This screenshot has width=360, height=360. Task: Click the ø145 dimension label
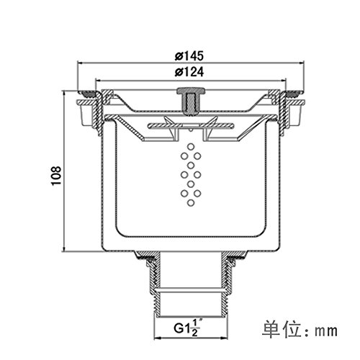click(x=189, y=56)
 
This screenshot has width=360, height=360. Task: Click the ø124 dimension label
click(x=189, y=72)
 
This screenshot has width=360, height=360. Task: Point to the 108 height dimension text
click(x=56, y=176)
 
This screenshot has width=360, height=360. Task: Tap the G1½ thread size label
click(x=186, y=328)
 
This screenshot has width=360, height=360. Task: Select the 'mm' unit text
click(x=326, y=331)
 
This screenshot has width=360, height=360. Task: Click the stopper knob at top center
click(x=191, y=101)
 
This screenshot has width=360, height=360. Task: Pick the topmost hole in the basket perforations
click(x=191, y=147)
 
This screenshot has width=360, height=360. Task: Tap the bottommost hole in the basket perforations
click(x=191, y=203)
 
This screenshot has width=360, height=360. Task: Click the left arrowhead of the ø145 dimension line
click(x=80, y=63)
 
